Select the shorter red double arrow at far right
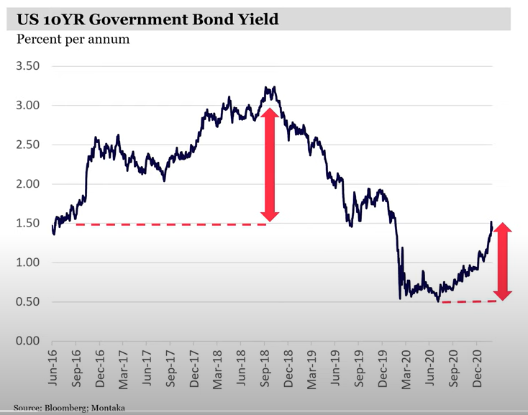[x=503, y=261]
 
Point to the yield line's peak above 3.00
[x=275, y=88]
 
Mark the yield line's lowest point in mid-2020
[x=437, y=301]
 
